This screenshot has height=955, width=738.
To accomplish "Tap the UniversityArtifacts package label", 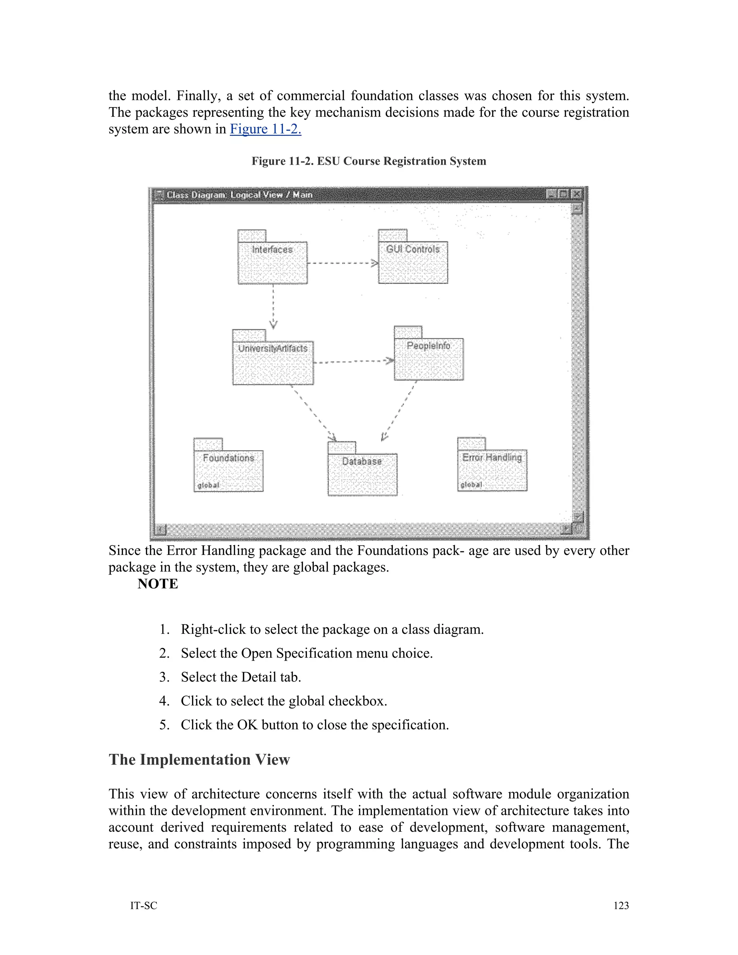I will pyautogui.click(x=273, y=348).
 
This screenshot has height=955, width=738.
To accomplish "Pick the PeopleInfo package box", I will pyautogui.click(x=428, y=359).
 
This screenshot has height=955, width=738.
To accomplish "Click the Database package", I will pyautogui.click(x=363, y=474).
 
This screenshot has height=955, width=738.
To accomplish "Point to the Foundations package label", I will pyautogui.click(x=228, y=458).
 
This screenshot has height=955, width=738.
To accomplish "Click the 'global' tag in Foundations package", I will pyautogui.click(x=208, y=485).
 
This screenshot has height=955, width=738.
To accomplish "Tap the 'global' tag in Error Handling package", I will pyautogui.click(x=471, y=484).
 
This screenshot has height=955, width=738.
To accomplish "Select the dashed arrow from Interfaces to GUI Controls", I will pyautogui.click(x=342, y=263).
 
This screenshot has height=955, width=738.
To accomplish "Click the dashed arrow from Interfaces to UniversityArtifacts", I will pyautogui.click(x=273, y=306).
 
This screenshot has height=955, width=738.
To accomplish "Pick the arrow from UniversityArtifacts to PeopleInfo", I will pyautogui.click(x=353, y=361).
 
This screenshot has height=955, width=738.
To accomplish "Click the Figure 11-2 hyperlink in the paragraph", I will pyautogui.click(x=265, y=129).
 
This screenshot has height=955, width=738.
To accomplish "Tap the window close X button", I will pyautogui.click(x=577, y=194).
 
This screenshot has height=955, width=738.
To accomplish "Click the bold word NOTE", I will pyautogui.click(x=158, y=584).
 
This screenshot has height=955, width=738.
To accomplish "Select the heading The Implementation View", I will pyautogui.click(x=199, y=760).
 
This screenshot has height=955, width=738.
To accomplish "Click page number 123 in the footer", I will pyautogui.click(x=621, y=906).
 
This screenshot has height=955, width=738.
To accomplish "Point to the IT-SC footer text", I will pyautogui.click(x=143, y=906).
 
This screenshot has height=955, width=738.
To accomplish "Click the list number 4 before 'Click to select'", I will pyautogui.click(x=164, y=701).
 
